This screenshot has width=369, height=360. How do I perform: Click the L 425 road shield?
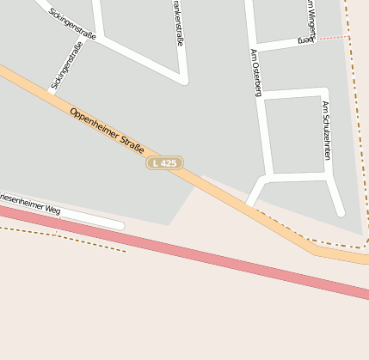pyautogui.click(x=163, y=162)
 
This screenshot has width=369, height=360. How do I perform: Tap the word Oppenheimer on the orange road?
pyautogui.click(x=90, y=123)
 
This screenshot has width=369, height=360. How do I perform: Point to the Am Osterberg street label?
pyautogui.click(x=255, y=72)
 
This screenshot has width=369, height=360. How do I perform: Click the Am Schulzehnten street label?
pyautogui.click(x=326, y=130)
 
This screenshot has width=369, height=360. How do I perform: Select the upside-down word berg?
pyautogui.click(x=304, y=40)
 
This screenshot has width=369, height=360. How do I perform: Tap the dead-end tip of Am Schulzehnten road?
pyautogui.click(x=340, y=211)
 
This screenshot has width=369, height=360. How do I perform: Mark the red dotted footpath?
pyautogui.click(x=334, y=38)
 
